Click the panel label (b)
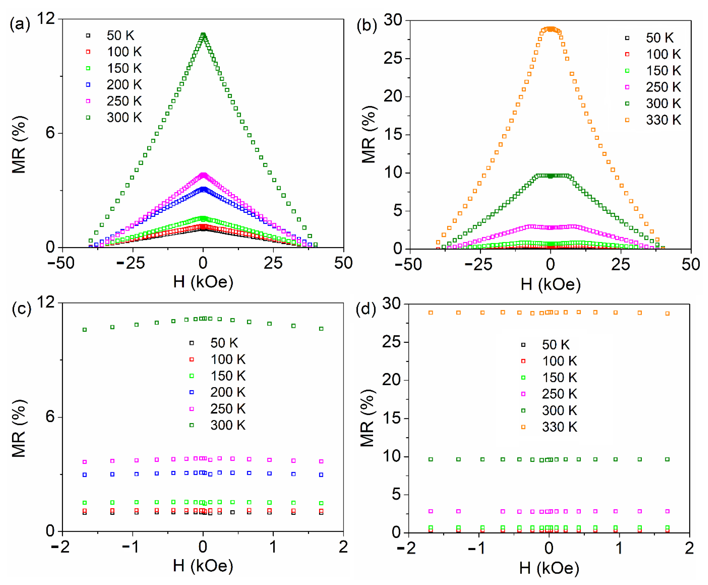(367, 26)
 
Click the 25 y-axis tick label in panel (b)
(393, 58)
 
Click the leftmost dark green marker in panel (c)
(85, 330)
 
